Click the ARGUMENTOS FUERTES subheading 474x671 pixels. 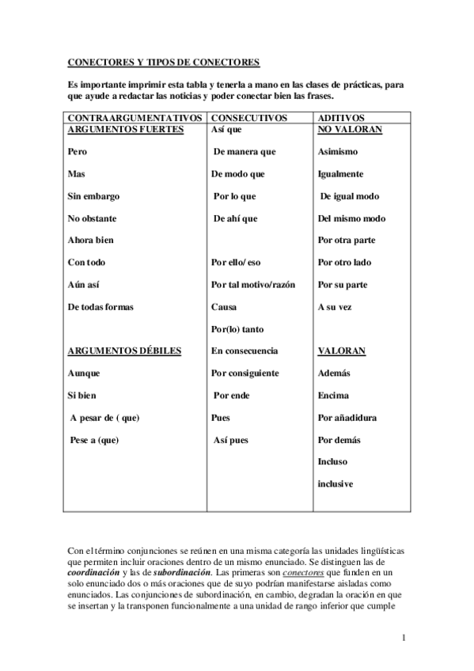click(x=127, y=128)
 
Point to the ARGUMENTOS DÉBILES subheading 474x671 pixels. click(x=125, y=350)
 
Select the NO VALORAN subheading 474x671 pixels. click(x=350, y=128)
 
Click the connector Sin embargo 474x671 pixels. click(x=90, y=195)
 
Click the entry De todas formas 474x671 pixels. click(x=100, y=306)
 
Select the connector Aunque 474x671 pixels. click(x=84, y=373)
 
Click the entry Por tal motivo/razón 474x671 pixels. click(x=253, y=284)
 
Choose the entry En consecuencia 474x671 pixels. click(x=245, y=350)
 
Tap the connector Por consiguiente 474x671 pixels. click(x=245, y=373)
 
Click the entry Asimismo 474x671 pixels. click(x=338, y=151)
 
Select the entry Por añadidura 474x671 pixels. click(x=347, y=417)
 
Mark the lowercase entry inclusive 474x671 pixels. click(x=335, y=483)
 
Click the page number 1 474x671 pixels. click(x=403, y=637)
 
